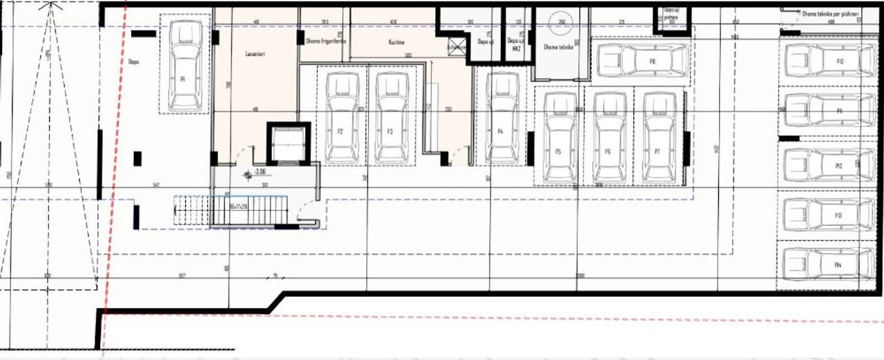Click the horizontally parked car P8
pos(642,61)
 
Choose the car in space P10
pos(825,61)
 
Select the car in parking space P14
pos(825,264)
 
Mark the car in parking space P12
pos(825,165)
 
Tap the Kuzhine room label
pos(395,41)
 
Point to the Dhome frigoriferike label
pos(325,41)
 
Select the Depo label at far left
pos(133,61)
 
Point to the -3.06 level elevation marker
pos(259,172)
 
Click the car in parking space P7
pos(658,138)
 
